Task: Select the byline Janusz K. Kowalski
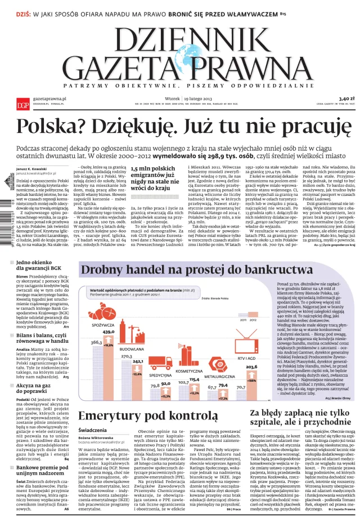pos(31,168)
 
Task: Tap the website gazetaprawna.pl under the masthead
pos(49,99)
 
